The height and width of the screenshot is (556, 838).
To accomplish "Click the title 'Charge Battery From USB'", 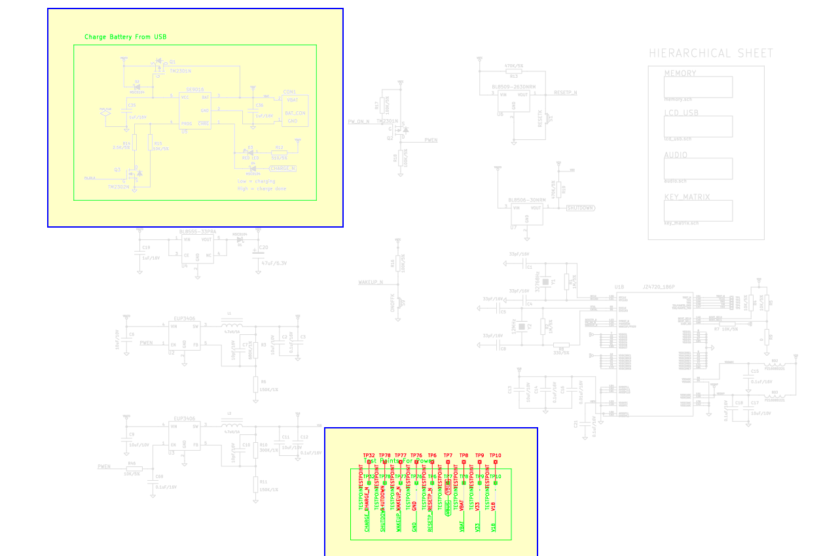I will [x=125, y=37].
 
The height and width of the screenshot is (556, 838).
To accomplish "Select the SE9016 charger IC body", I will [x=195, y=110].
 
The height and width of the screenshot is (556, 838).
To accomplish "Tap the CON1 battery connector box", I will [x=295, y=110].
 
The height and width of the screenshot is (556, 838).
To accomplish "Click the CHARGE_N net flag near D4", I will [x=282, y=169].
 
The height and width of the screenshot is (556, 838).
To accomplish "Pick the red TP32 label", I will [x=369, y=455].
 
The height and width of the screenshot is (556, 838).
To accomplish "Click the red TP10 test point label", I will [x=496, y=455].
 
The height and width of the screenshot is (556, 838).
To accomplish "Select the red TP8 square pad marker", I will [x=464, y=462].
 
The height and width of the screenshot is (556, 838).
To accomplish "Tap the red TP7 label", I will [x=448, y=455].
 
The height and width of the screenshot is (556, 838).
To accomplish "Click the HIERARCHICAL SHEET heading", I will [x=711, y=53].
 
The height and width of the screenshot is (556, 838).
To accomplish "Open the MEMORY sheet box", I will [x=698, y=87].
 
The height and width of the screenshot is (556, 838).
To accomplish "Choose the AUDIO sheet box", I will [x=698, y=168].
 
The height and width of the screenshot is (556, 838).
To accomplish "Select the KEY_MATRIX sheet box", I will [x=698, y=211].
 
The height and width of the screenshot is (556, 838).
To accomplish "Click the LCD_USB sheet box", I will [x=698, y=127].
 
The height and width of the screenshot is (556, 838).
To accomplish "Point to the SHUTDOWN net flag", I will [x=580, y=208].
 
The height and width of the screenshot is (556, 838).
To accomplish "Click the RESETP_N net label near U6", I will [x=565, y=93].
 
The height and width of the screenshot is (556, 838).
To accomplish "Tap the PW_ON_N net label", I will [x=359, y=122].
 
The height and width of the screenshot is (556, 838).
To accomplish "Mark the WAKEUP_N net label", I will [x=370, y=283].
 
